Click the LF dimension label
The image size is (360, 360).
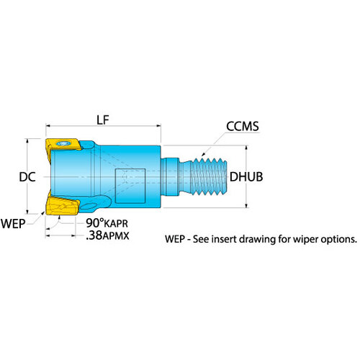coord(103,120)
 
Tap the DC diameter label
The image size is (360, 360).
coord(27,177)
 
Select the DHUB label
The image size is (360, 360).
coord(246,177)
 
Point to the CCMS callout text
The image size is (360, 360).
coord(243,126)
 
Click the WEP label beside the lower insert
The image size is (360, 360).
coord(13,224)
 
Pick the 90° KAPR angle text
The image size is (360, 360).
coord(107,223)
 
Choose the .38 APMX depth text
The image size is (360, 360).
coord(107,235)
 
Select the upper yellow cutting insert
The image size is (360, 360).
coord(63,145)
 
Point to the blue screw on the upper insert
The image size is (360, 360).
coord(63,143)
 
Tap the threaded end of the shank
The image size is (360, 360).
coord(209,176)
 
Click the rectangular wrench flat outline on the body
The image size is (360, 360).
coord(130,186)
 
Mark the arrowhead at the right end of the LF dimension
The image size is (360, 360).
coord(158,125)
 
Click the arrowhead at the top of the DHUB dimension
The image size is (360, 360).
coord(246,148)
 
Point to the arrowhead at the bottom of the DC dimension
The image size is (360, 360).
coord(27,211)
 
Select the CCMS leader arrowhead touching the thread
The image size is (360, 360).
coord(203,154)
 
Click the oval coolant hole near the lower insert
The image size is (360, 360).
coord(89,206)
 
